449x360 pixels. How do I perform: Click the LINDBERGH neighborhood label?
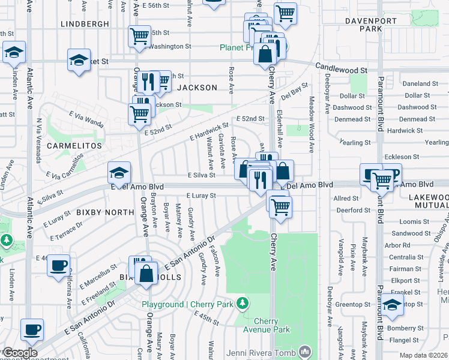[85, 24]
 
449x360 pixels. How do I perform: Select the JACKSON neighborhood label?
[196, 88]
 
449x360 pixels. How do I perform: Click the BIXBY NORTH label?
[105, 212]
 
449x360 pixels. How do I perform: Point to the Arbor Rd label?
[397, 245]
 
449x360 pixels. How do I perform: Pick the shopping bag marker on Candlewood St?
[265, 55]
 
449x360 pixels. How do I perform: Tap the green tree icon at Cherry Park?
[242, 304]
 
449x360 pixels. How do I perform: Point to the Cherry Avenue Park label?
[271, 325]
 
